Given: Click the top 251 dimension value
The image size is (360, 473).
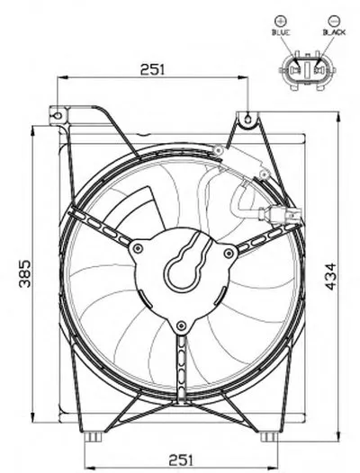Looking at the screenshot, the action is pos(153,69).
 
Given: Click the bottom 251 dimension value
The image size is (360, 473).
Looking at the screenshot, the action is pos(181,460).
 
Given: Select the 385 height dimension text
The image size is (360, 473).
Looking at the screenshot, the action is pos(25,273).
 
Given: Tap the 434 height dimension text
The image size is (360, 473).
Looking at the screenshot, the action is pos(330,277).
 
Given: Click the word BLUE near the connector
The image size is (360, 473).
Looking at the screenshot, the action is pos(281,32).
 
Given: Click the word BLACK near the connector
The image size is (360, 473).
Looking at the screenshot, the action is pos(334,32).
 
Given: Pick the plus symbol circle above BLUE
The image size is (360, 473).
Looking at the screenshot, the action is pos(281,21).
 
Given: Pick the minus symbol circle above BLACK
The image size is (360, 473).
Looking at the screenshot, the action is pos(334,21).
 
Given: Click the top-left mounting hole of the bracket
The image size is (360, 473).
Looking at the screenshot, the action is pos(58,115).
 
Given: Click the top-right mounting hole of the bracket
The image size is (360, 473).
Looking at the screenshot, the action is pos(247,120).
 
